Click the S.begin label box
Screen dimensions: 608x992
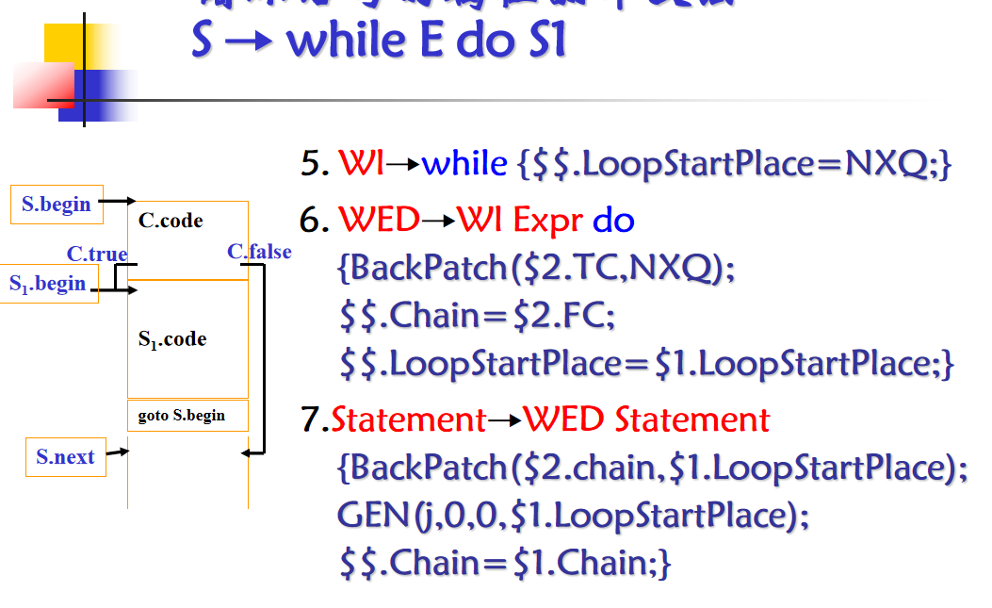click(x=57, y=204)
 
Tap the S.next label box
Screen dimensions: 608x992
click(x=65, y=457)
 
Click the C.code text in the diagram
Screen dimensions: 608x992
click(x=171, y=221)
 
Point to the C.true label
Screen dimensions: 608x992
click(x=97, y=254)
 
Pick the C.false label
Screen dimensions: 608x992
click(x=259, y=251)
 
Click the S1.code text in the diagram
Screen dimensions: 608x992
click(x=172, y=339)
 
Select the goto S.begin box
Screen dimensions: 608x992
click(x=187, y=415)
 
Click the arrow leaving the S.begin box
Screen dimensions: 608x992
click(x=119, y=201)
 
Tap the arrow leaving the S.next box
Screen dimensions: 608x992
click(x=118, y=453)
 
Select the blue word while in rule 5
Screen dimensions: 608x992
click(x=464, y=164)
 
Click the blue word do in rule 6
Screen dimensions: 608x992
click(x=613, y=221)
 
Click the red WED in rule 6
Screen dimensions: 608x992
click(x=379, y=221)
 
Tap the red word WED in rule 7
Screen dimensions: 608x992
click(x=564, y=419)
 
